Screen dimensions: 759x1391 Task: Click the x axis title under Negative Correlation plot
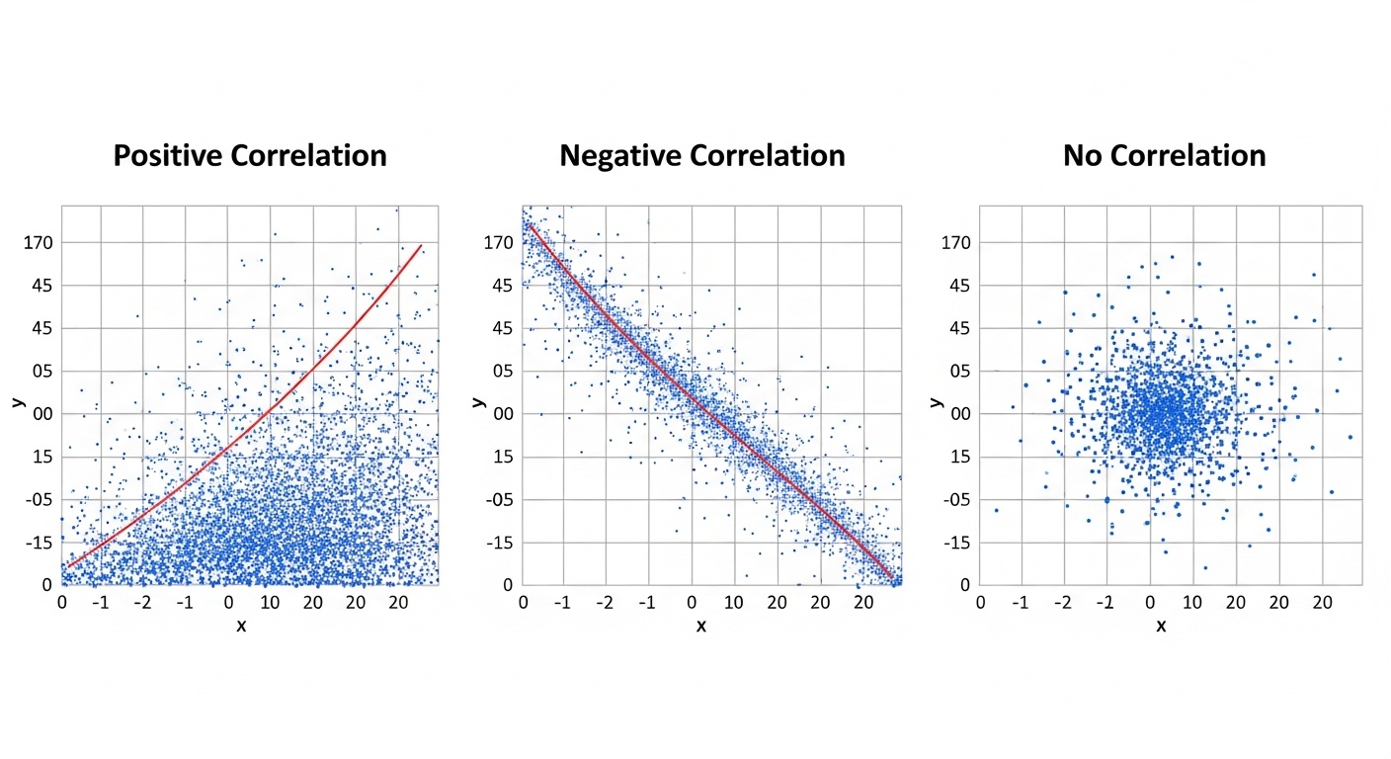click(x=701, y=626)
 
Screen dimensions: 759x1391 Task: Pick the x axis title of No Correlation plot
click(x=1161, y=626)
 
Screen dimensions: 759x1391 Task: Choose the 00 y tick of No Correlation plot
click(x=956, y=414)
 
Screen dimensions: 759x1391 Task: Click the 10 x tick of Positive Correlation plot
click(x=271, y=601)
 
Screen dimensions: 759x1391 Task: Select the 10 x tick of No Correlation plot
click(x=1193, y=601)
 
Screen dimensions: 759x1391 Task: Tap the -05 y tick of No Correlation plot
click(x=953, y=500)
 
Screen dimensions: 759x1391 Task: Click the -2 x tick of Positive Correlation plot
click(x=144, y=601)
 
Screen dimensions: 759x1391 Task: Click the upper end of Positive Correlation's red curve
click(x=422, y=244)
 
